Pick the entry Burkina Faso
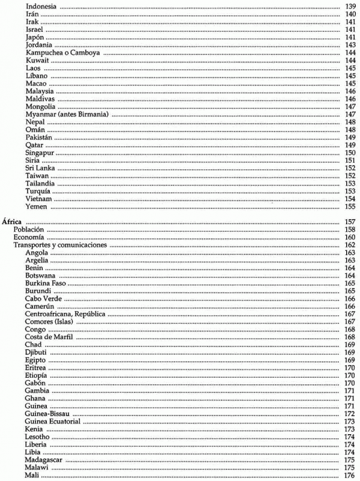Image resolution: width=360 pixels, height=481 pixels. coord(46,283)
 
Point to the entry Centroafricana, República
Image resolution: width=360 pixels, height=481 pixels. coord(65,314)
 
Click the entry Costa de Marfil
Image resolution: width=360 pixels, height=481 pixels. coord(49,337)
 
